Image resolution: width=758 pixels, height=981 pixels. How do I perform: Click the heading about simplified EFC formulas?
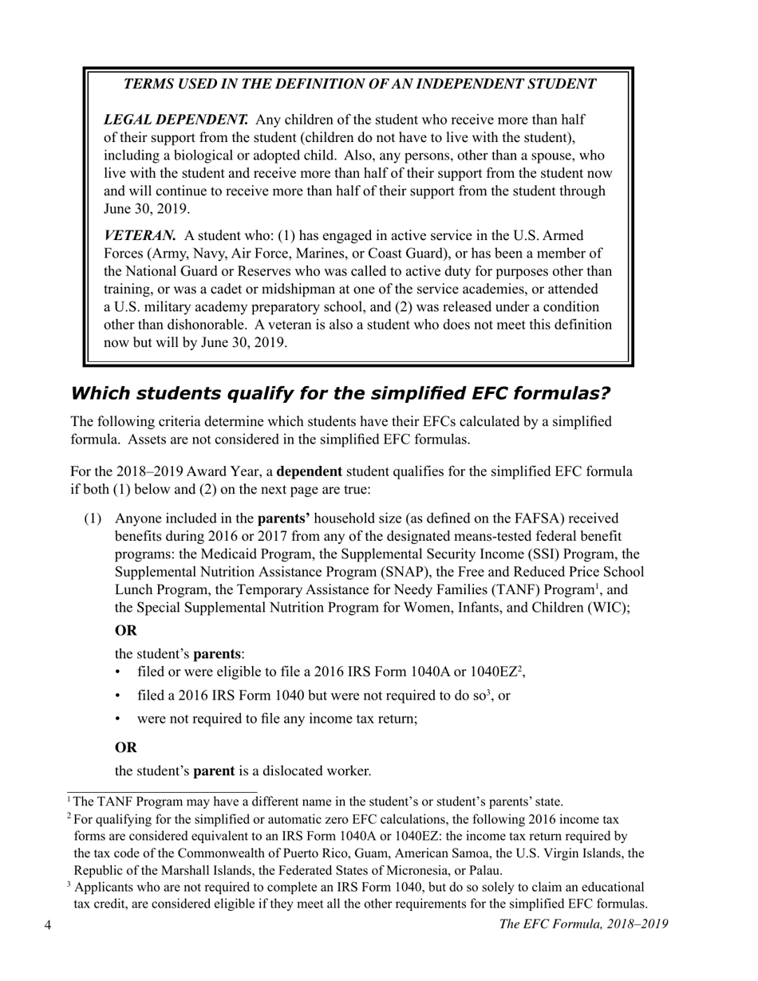point(341,393)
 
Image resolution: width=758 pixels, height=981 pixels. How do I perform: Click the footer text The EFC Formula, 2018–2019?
point(582,924)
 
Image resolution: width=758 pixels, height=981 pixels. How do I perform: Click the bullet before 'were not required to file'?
point(120,719)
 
